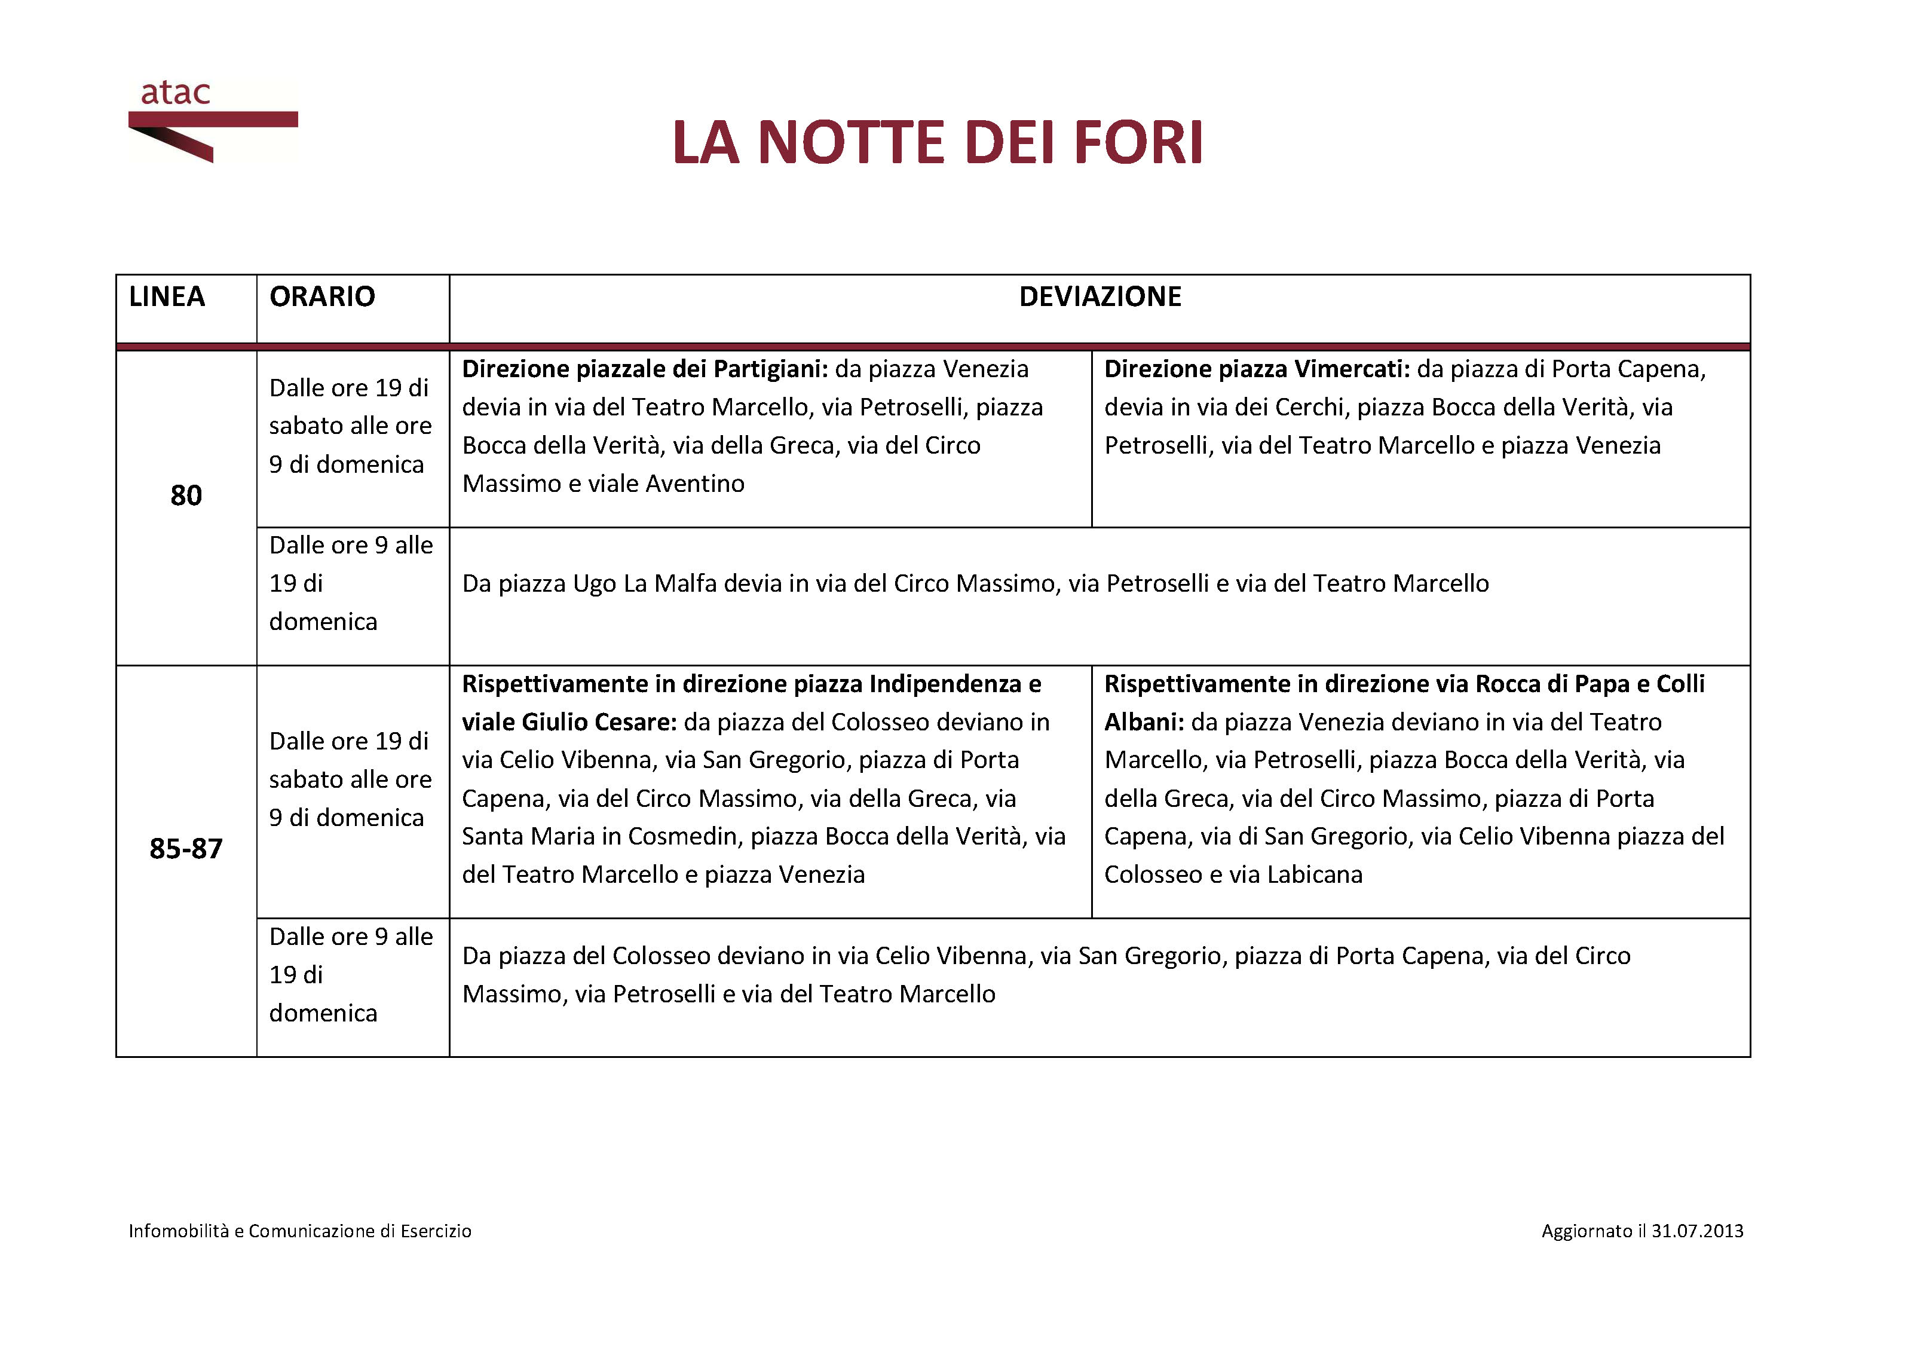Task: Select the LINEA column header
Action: coord(167,296)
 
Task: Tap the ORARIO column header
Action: coord(323,296)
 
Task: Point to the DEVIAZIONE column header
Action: coord(1100,296)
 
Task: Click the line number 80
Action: coord(186,495)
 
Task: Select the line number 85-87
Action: coord(186,849)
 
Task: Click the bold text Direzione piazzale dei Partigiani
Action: coord(644,369)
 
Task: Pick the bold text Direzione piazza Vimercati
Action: coord(1257,369)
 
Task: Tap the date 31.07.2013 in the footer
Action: coord(1697,1231)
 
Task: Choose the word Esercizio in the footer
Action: coord(436,1231)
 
